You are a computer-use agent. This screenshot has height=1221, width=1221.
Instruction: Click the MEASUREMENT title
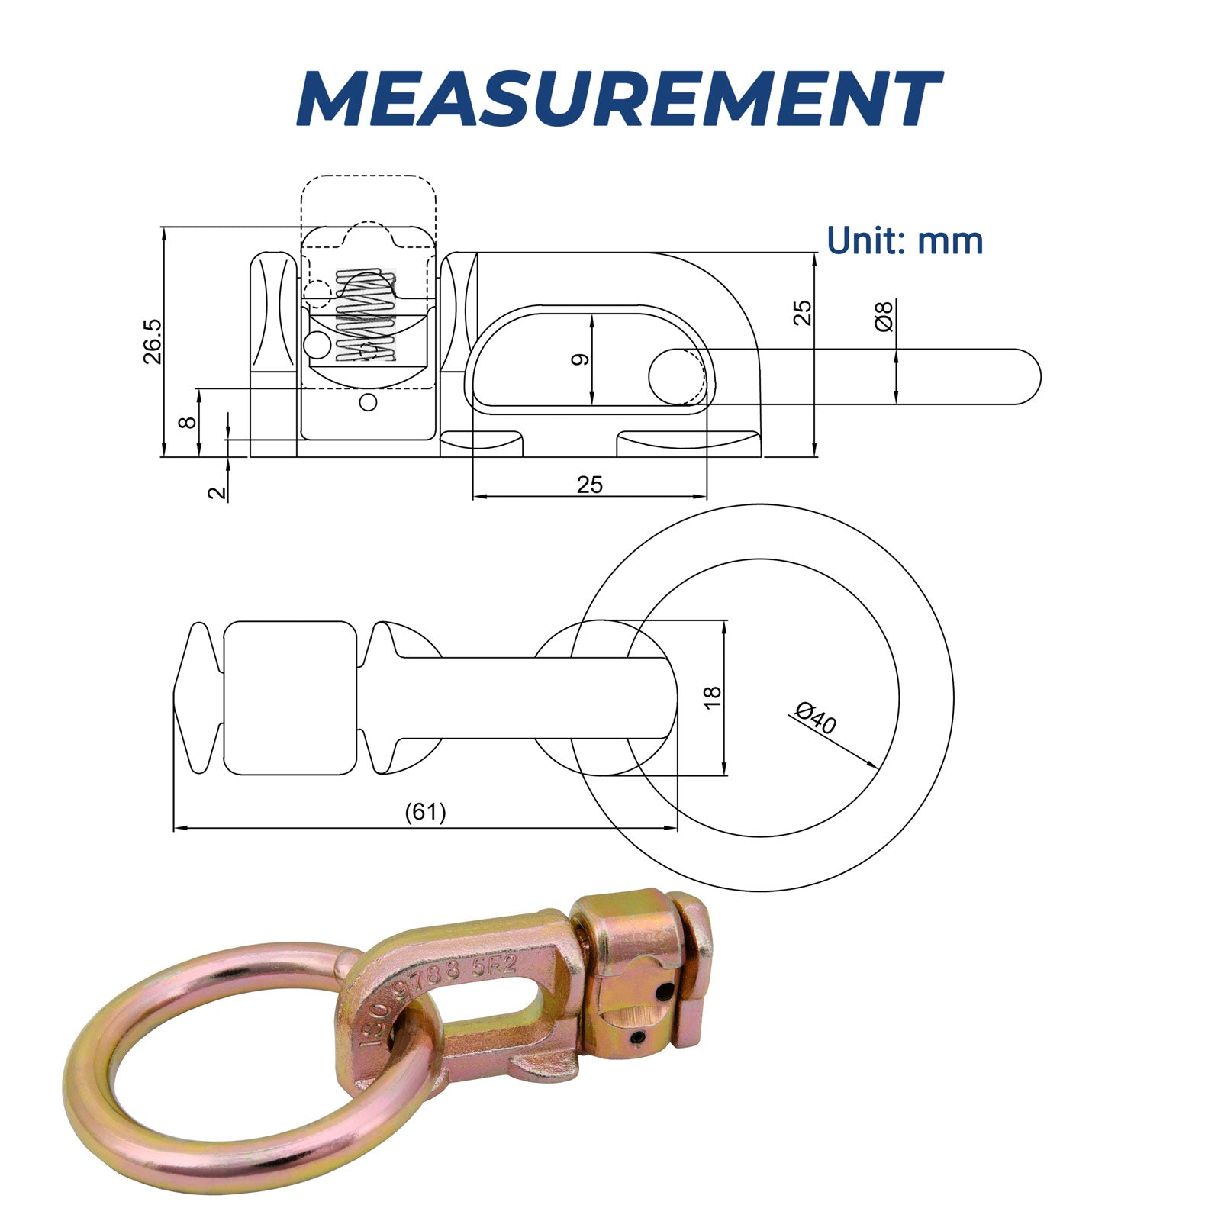click(x=618, y=99)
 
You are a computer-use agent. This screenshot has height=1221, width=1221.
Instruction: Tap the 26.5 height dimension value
click(x=153, y=341)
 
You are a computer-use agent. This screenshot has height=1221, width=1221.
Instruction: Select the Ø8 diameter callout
click(x=884, y=316)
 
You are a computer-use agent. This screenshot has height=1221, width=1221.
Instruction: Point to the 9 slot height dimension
click(x=581, y=359)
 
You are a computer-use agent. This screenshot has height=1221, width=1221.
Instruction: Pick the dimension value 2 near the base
click(x=218, y=491)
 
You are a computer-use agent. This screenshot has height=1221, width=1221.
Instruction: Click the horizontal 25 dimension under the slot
click(x=590, y=485)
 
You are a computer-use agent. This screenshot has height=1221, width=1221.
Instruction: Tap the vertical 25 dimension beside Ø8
click(x=802, y=314)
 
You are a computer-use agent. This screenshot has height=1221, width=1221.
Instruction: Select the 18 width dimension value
click(x=712, y=697)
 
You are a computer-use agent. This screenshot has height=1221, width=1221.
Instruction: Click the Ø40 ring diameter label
click(x=815, y=718)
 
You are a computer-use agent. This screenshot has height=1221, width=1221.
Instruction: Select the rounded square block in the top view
click(x=290, y=697)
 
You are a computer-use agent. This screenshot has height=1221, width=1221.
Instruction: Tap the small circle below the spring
click(x=369, y=402)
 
